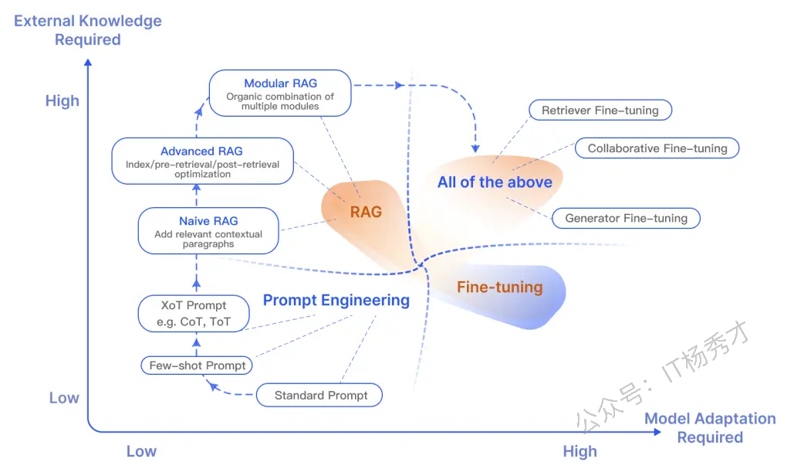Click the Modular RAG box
tap(280, 93)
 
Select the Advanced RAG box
tap(202, 161)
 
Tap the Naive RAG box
tap(208, 231)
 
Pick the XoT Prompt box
tap(194, 314)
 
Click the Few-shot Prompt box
tap(197, 365)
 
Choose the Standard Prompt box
tap(319, 396)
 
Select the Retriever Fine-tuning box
tap(600, 110)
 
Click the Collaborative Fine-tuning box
tap(657, 148)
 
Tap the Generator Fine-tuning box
tap(626, 218)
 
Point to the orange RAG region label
tap(366, 212)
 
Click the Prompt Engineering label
tap(336, 300)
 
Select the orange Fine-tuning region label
tap(500, 287)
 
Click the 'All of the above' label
tap(495, 182)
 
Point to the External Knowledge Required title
tap(88, 30)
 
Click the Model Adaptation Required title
tap(710, 428)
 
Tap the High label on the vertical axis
tap(63, 100)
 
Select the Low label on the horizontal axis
tap(141, 451)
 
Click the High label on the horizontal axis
tap(579, 451)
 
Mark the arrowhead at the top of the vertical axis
tap(88, 63)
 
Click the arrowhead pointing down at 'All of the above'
tap(475, 148)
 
